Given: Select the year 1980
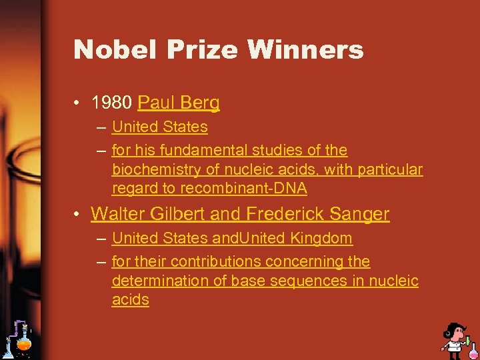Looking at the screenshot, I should [111, 103].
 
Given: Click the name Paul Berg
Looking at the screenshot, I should [178, 103].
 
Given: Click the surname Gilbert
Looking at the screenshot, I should [185, 214].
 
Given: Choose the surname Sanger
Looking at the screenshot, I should [361, 214].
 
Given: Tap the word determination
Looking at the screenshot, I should [159, 281].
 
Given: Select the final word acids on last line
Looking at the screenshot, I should [131, 300].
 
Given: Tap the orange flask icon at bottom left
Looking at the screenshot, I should [24, 341].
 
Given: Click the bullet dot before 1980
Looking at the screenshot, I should [78, 103].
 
